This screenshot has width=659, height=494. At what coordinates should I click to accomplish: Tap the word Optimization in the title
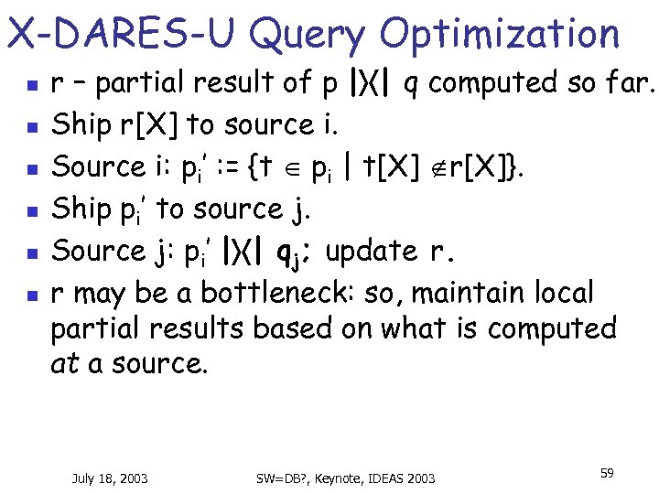(499, 35)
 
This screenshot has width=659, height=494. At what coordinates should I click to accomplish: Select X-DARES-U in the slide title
(122, 35)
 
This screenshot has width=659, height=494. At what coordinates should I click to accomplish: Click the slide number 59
(606, 473)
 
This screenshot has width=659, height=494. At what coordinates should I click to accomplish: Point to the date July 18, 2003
(110, 478)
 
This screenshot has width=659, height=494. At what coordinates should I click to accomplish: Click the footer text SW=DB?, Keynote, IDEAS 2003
(345, 478)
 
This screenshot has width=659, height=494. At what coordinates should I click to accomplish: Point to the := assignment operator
(232, 167)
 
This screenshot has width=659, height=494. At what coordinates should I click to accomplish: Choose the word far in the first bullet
(624, 83)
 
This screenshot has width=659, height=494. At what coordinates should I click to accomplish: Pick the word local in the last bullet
(568, 294)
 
